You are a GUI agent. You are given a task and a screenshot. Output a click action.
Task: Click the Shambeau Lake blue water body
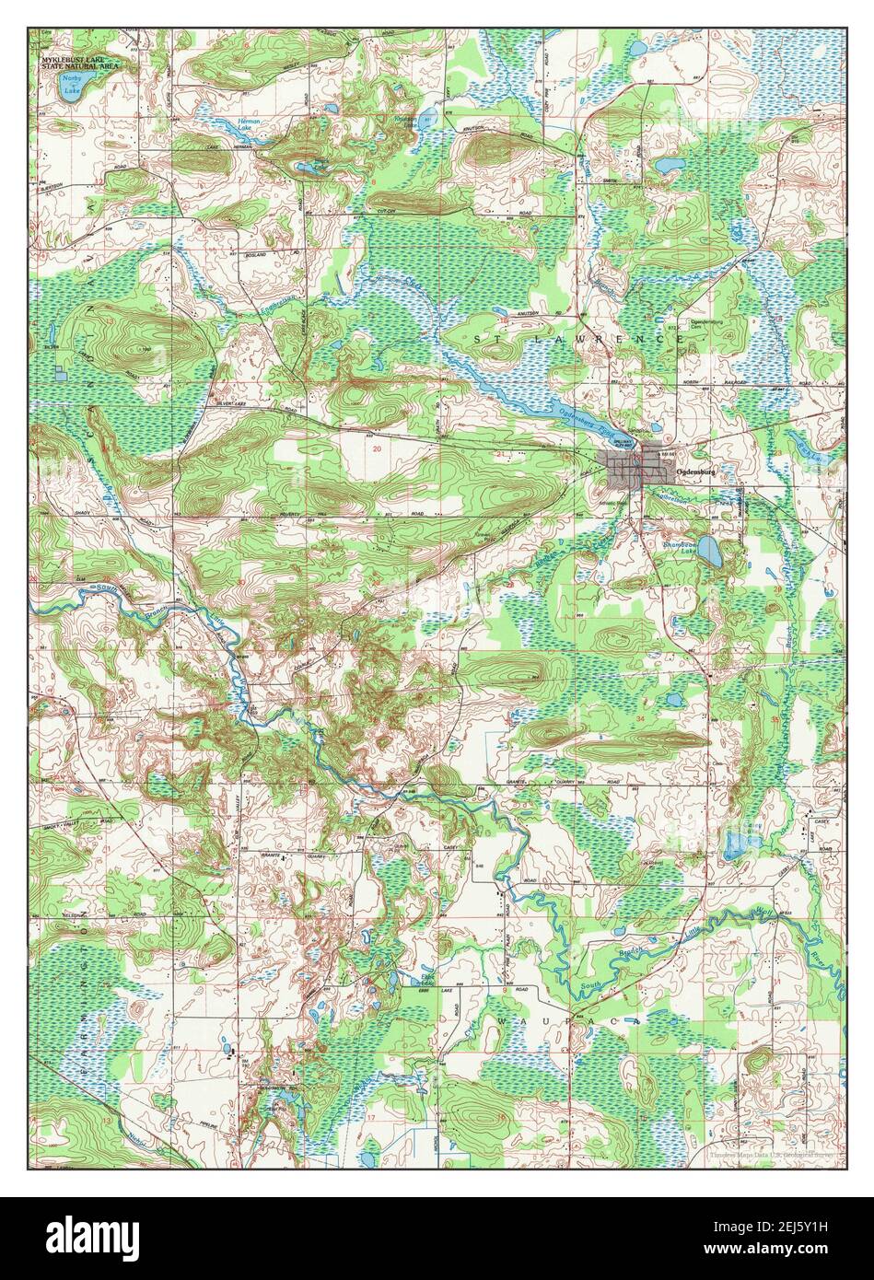[709, 553]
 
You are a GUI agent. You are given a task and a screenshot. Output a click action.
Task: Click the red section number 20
[378, 448]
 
